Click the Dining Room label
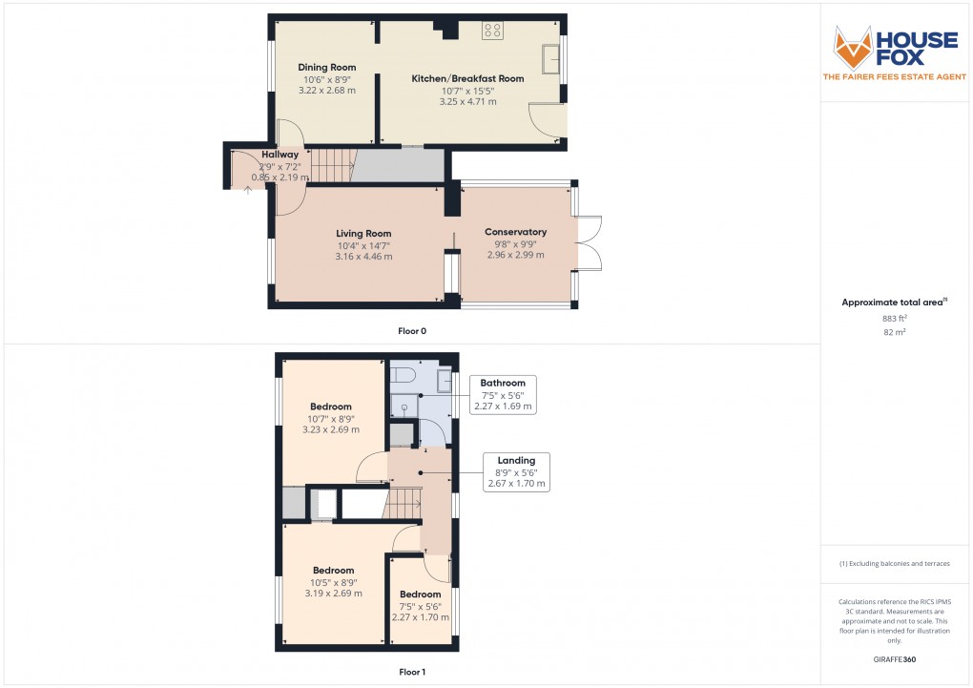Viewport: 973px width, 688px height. coord(327,68)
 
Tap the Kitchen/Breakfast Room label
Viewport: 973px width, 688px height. coord(467,78)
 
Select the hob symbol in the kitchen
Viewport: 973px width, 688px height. coord(493,31)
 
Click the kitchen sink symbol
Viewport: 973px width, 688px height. coord(551,59)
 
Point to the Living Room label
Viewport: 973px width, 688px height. coord(363,234)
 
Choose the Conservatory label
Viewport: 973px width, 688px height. coord(515,232)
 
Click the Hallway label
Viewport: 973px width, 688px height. coord(280,155)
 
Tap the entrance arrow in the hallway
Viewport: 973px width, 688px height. coord(248,188)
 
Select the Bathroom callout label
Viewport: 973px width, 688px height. coord(503,384)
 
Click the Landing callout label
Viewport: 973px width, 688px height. coord(516,461)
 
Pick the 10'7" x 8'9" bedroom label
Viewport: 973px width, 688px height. coord(331,407)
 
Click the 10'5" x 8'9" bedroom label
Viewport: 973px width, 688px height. coord(333,571)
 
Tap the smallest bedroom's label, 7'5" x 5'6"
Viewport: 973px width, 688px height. coord(420,594)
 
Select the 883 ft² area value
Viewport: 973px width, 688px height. coord(896,318)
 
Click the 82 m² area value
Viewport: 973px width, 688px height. coord(896,332)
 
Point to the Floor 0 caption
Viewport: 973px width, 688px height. coord(412,331)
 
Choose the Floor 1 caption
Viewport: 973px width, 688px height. coord(412,672)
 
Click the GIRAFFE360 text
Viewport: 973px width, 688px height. coord(896,659)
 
